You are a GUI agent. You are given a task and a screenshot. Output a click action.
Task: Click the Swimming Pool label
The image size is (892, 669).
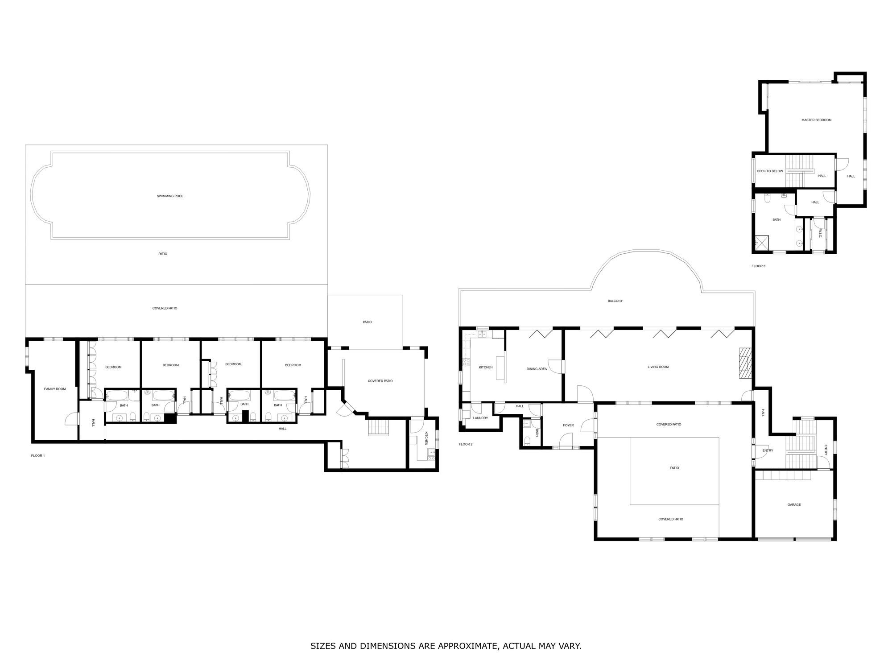click(x=170, y=196)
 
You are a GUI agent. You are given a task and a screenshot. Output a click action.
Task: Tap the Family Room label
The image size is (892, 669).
click(x=55, y=389)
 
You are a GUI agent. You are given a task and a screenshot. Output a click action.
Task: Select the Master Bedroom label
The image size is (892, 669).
click(x=816, y=120)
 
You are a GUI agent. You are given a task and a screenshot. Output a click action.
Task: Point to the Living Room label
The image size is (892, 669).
click(x=658, y=367)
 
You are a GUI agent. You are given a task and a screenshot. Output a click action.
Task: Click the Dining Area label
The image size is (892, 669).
click(x=537, y=369)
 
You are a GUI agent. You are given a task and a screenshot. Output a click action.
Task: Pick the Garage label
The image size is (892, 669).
click(x=794, y=505)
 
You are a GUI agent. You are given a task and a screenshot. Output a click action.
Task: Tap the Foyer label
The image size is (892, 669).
click(x=568, y=425)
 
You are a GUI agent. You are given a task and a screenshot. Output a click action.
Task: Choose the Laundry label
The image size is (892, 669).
click(x=480, y=418)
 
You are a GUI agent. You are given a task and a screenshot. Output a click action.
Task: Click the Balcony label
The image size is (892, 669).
click(x=615, y=301)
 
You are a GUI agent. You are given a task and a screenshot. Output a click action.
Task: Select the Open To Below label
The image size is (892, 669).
click(x=770, y=171)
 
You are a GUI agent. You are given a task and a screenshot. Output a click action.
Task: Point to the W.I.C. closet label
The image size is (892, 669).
click(x=820, y=233)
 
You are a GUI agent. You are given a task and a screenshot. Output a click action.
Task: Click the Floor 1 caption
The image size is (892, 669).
click(x=38, y=455)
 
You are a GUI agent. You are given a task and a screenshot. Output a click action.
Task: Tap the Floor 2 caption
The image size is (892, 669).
click(x=466, y=444)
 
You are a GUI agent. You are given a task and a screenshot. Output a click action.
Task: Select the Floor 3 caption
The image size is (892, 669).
click(x=758, y=266)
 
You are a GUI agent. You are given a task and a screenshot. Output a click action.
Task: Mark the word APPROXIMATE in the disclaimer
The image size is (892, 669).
click(x=468, y=646)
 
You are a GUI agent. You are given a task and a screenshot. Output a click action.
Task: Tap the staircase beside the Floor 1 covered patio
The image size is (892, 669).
click(x=379, y=428)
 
